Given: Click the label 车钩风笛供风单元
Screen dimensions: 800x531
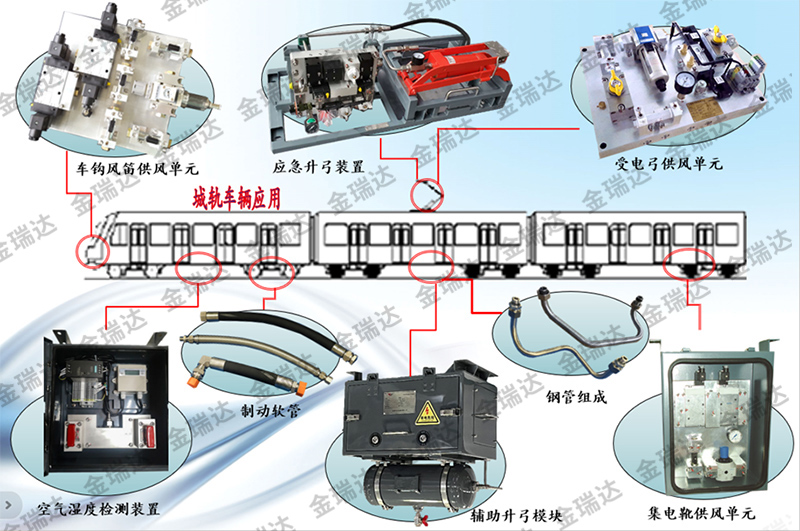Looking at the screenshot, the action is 137,168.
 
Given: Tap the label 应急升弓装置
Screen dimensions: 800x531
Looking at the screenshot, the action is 318,166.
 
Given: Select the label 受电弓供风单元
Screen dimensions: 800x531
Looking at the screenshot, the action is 669,163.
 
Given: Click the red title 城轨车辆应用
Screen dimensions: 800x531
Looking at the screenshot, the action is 237,198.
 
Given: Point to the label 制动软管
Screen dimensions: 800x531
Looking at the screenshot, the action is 271,410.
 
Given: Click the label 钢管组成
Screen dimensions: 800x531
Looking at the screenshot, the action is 576,396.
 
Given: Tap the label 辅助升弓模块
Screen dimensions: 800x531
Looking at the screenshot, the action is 516,516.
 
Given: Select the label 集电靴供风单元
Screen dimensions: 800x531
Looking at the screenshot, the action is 701,512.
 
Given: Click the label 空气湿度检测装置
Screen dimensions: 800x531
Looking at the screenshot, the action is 98,509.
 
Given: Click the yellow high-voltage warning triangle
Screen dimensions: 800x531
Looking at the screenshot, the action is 427,413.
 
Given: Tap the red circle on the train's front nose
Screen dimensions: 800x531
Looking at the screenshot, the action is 92,251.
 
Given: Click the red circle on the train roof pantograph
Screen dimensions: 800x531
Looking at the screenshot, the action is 427,194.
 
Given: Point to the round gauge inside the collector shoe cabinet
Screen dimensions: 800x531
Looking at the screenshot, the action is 735,437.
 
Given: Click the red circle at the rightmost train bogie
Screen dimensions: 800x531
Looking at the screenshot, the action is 688,263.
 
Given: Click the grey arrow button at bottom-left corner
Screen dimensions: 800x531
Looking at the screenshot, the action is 8,505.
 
